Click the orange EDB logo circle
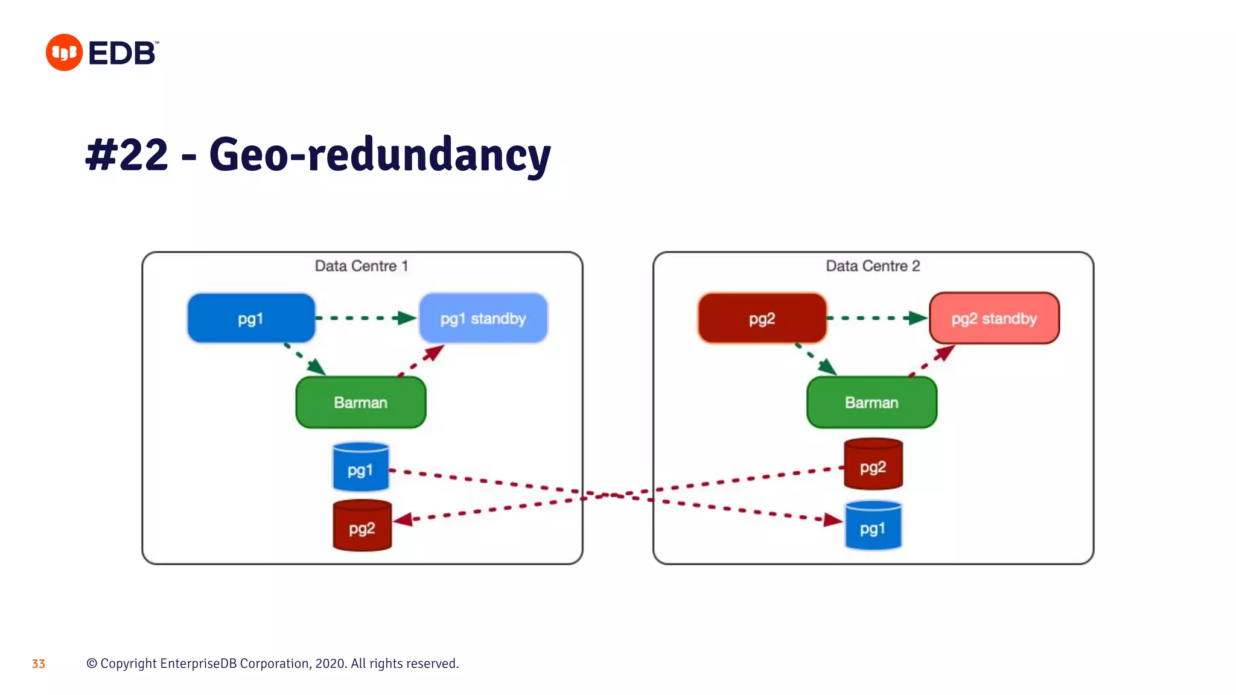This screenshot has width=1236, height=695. pos(64,52)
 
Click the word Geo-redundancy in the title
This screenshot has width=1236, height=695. pos(380,155)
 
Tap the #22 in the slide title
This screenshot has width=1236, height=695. pos(127,155)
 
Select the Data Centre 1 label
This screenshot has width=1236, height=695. pos(362,266)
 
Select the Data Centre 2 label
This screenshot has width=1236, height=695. pos(872,266)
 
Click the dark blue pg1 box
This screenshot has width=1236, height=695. pos(251,319)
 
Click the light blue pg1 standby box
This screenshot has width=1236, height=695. pos(483,319)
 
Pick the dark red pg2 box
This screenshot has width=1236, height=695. pos(762,319)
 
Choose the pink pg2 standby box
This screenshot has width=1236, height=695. pos(994,319)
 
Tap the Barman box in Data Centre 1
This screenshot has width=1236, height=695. pos(360,402)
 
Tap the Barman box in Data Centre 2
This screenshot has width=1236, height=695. pos(871,402)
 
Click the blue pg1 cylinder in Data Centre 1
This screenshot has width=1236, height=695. pos(360,468)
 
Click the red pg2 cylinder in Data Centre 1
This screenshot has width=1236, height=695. pos(362,527)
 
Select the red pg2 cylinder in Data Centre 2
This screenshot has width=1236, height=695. pos(873,465)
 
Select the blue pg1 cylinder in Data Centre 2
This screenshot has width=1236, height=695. pos(873,527)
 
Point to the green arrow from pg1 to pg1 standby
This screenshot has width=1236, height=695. pos(365,318)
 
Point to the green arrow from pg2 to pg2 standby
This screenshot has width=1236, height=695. pos(876,318)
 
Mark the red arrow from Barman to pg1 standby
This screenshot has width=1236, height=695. pos(422,360)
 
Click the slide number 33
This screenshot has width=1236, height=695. pos(39,664)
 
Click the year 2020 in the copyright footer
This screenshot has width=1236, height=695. pos(330,664)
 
